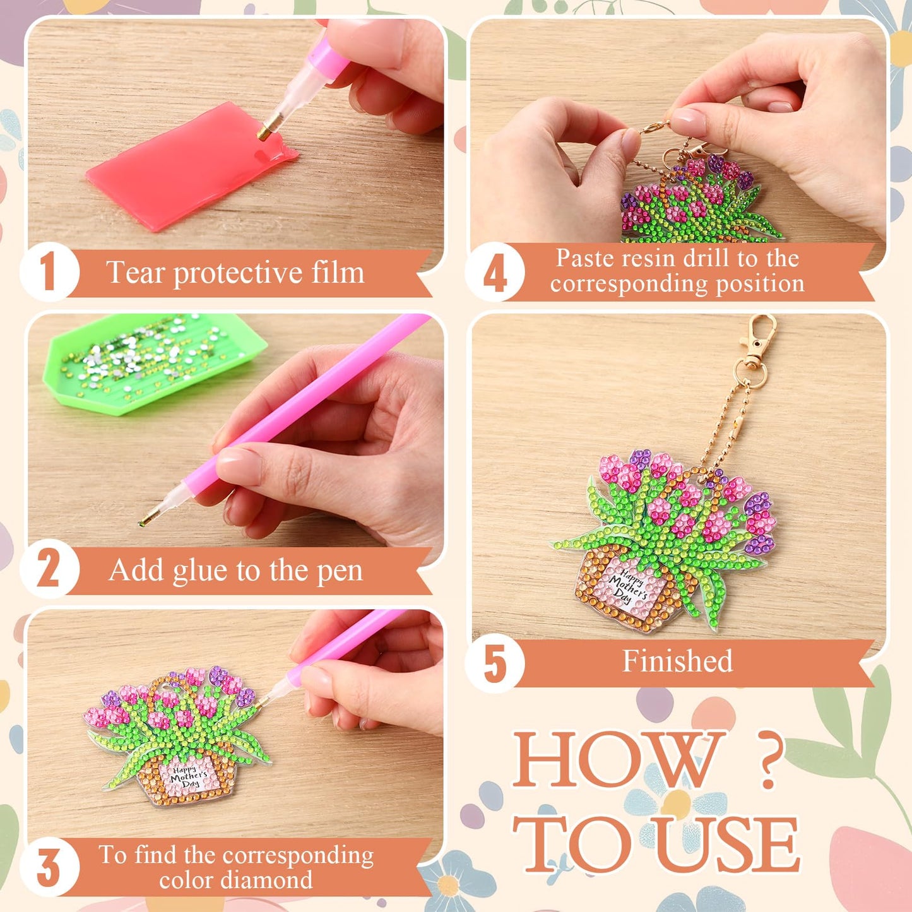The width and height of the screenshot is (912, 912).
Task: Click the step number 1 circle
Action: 49,272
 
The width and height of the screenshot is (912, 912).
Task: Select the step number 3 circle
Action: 49,867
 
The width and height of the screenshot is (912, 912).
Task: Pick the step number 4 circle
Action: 495,272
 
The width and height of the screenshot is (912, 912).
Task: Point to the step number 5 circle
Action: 495,663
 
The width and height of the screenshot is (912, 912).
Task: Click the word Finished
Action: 677,661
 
